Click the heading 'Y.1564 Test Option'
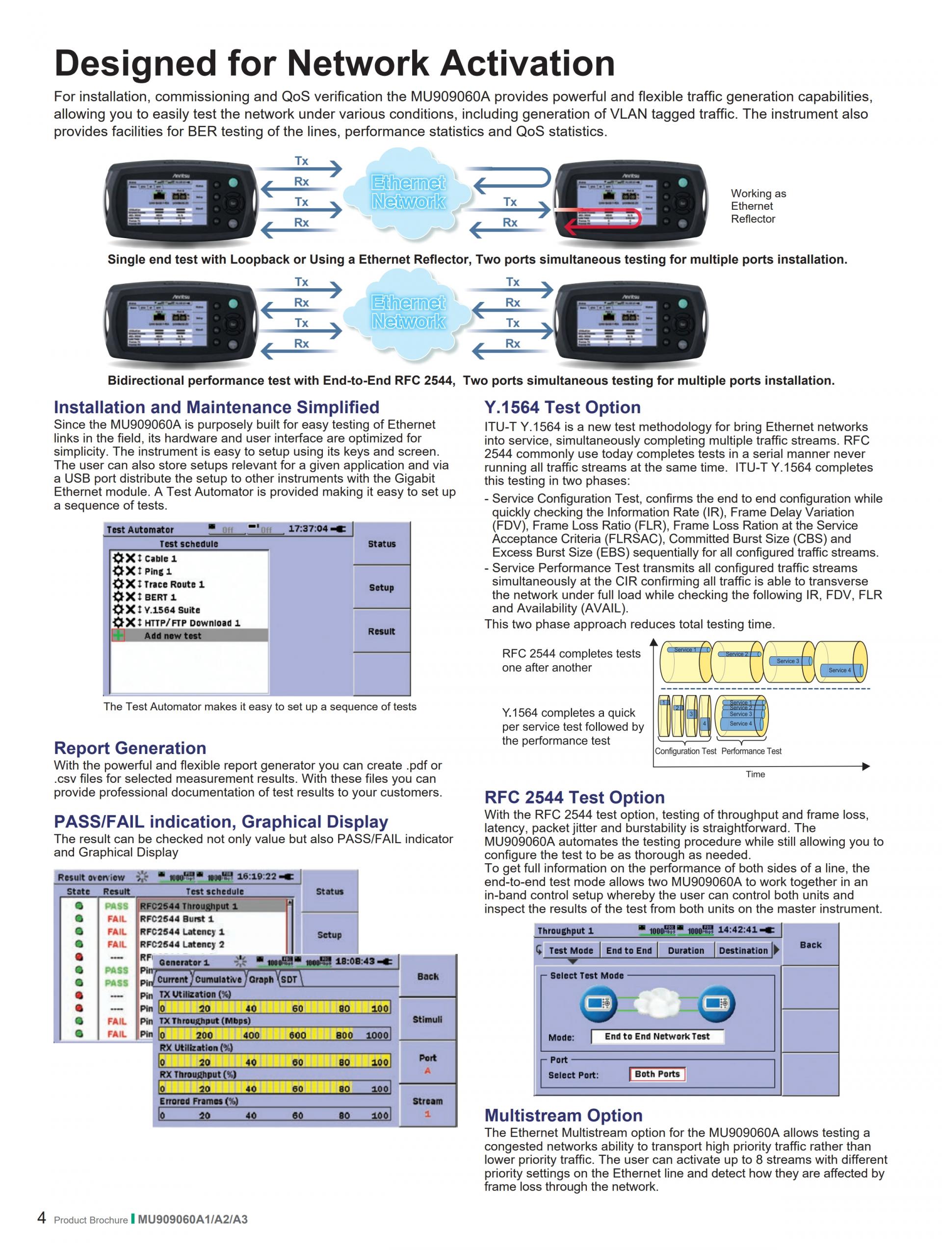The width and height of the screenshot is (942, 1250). [562, 407]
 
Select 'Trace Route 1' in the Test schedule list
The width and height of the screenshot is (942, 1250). [174, 584]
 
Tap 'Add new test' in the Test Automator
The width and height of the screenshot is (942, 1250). [173, 636]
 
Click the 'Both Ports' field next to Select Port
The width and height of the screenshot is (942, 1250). [656, 1074]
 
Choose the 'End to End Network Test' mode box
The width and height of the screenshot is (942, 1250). [656, 1036]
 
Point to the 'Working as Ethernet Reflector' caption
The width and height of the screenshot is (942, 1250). [758, 206]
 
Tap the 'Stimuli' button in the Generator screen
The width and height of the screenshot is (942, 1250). [427, 1020]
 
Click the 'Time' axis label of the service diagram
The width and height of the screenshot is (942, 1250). [755, 774]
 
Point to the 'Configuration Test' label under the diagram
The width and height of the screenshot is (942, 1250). [685, 751]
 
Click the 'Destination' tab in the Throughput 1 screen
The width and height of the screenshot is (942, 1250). [743, 950]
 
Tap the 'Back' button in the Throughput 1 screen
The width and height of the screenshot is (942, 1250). [810, 945]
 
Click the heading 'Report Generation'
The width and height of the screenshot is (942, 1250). [130, 748]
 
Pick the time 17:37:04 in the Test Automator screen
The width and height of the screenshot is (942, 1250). [308, 529]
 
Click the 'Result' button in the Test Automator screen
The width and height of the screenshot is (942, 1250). [382, 631]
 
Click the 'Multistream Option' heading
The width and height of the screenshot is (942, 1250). [563, 1116]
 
